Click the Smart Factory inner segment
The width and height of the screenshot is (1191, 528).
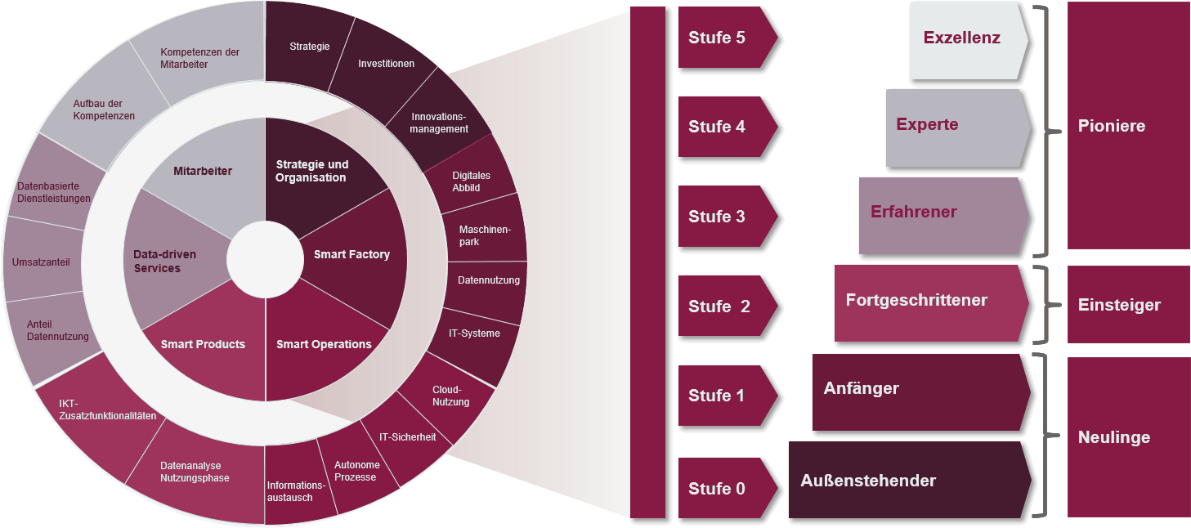[351, 254]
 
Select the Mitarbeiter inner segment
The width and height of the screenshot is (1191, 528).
[203, 172]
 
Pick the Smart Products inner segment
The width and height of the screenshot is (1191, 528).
[204, 345]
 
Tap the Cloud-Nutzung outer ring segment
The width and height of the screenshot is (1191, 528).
[451, 396]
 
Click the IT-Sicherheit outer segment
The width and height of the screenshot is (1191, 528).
[406, 438]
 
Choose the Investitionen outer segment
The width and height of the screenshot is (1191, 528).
[386, 64]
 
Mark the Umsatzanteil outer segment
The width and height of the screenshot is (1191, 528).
[41, 262]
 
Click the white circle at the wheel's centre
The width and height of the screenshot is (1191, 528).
[265, 260]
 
